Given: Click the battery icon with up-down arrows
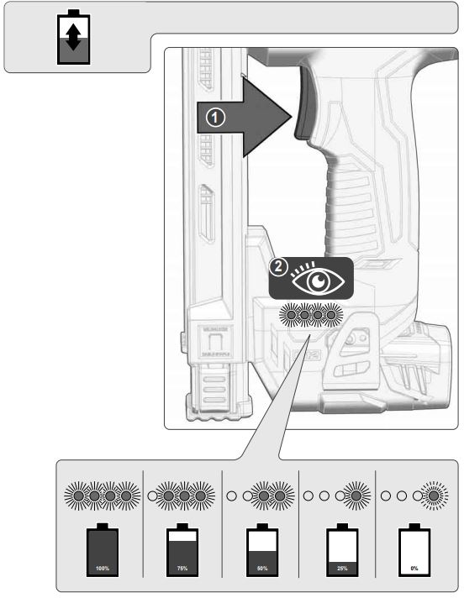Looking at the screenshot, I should click(76, 38).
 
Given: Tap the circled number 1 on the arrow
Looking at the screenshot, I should click(216, 118).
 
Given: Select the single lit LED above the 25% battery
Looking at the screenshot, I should click(356, 496).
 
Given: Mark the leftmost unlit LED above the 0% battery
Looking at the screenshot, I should click(384, 496).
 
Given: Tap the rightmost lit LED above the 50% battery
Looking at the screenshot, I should click(279, 496).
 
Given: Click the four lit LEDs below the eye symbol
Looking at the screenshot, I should click(311, 317).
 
